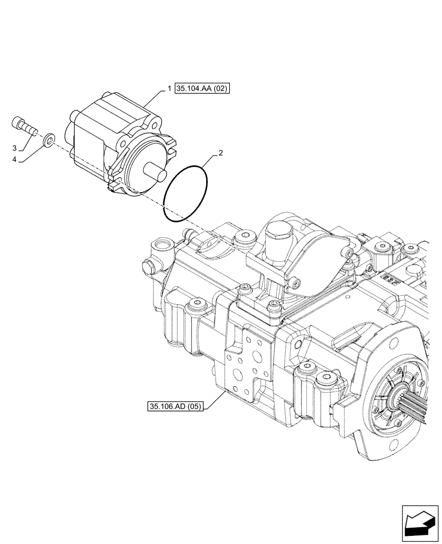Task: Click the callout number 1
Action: tap(170, 88)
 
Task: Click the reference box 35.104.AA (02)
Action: tap(202, 88)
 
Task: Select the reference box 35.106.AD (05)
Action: tap(174, 406)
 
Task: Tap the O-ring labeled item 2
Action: tap(187, 194)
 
